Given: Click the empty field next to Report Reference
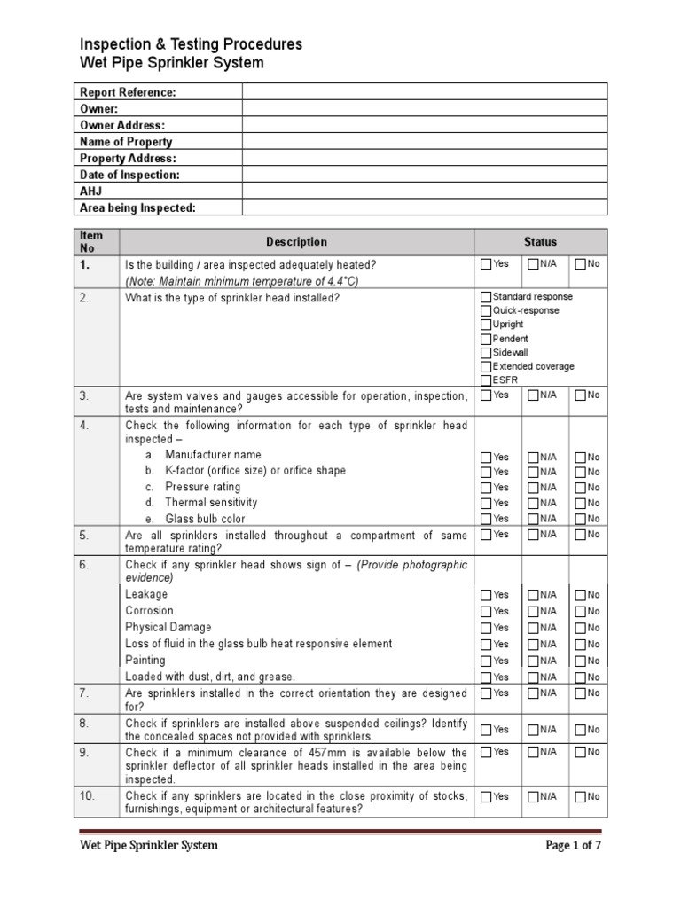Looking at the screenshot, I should pos(425,92).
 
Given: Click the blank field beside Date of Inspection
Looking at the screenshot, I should pos(425,175).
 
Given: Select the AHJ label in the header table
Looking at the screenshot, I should pos(91,192).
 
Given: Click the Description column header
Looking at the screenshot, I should pos(296,242).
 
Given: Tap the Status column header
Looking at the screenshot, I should pos(540,242).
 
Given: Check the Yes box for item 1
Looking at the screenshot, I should pos(486,264).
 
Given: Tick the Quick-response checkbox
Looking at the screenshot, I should pos(486,311).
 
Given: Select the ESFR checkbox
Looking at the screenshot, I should pos(486,380).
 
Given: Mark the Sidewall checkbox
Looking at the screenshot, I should pos(486,353).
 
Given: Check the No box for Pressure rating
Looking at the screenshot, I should pos(580,488).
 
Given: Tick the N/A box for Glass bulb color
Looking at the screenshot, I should pos(533,519).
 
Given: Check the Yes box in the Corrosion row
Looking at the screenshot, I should pos(486,612).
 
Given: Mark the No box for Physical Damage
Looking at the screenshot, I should pos(580,628).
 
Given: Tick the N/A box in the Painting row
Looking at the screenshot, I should pos(533,661).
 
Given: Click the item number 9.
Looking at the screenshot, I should pos(85,751).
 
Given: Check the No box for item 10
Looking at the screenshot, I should pos(580,797).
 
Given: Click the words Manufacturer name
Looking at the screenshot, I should pos(213,455).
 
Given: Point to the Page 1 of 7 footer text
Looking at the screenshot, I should pos(573,846).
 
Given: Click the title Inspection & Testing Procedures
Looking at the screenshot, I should pos(191,44).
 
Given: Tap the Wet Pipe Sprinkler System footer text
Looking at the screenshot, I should pos(148,846).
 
